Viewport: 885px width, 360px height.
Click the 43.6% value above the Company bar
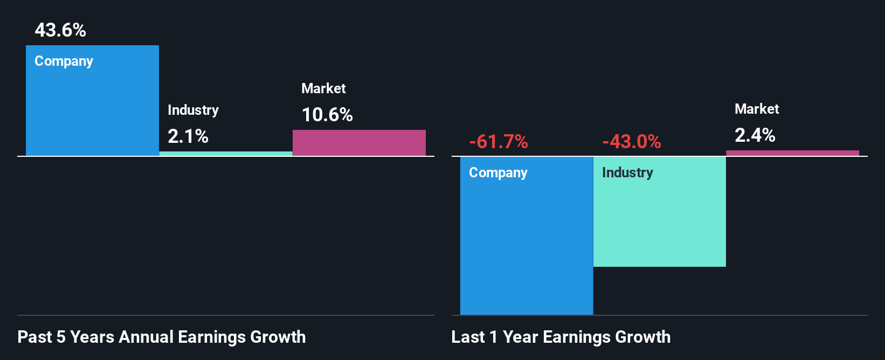click(60, 30)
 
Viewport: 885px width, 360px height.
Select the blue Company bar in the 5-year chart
click(92, 108)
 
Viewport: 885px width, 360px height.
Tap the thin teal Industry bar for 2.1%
click(226, 154)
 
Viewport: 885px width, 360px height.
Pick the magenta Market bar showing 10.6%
click(359, 143)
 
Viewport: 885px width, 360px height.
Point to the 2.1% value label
click(188, 136)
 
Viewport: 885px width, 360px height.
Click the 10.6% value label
click(327, 115)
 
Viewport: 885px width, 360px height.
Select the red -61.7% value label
click(498, 142)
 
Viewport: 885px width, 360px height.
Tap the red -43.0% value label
click(631, 142)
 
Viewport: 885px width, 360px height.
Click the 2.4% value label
click(755, 135)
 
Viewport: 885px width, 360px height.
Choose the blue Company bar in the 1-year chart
click(527, 243)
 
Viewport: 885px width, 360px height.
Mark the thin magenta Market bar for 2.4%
click(792, 153)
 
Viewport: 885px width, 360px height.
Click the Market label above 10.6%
click(323, 88)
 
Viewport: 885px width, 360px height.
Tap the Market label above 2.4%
click(757, 109)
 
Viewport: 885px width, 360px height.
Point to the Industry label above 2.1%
click(193, 110)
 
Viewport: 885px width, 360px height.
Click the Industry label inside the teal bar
click(627, 172)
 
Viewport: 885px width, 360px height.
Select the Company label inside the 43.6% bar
click(64, 61)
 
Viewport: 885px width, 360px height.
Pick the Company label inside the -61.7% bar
click(498, 172)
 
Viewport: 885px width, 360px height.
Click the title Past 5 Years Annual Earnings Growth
click(161, 337)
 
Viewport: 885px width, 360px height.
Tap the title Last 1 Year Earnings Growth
click(561, 337)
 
